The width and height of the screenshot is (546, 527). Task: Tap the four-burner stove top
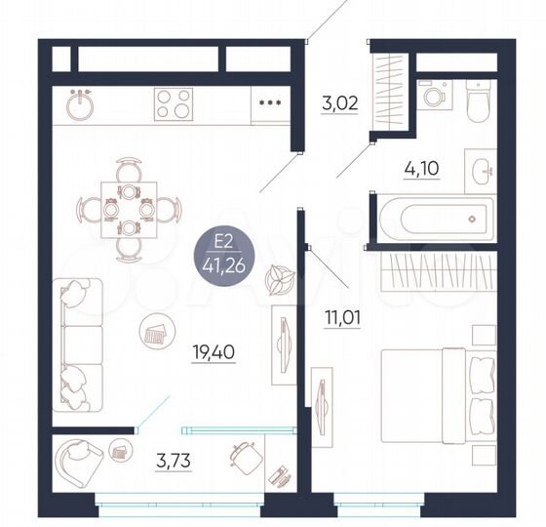[174, 102]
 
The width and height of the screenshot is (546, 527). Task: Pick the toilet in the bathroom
[477, 99]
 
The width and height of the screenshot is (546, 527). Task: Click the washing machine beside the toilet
[431, 96]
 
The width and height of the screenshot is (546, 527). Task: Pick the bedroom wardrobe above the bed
[435, 266]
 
